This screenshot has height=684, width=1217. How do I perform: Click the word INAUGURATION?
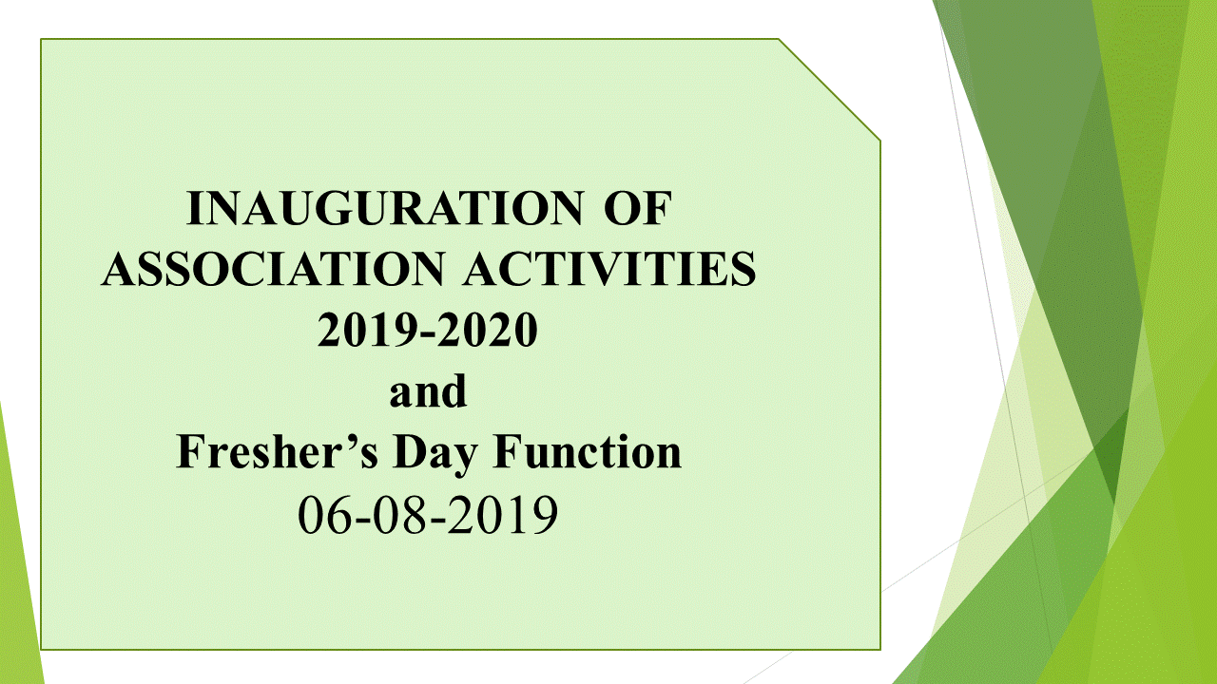click(385, 208)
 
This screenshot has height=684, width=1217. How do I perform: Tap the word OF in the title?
click(638, 208)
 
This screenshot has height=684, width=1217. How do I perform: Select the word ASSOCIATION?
click(273, 269)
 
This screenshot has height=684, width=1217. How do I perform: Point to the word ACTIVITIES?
click(609, 269)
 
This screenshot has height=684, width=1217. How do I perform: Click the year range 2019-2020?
click(428, 330)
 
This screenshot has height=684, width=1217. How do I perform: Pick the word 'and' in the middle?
click(428, 390)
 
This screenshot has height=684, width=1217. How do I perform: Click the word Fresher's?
click(277, 451)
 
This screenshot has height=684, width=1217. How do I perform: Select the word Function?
click(587, 451)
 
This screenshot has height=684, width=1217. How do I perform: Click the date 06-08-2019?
click(428, 514)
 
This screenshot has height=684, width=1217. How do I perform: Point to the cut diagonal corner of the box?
click(830, 90)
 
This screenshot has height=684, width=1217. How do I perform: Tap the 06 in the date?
click(326, 514)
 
